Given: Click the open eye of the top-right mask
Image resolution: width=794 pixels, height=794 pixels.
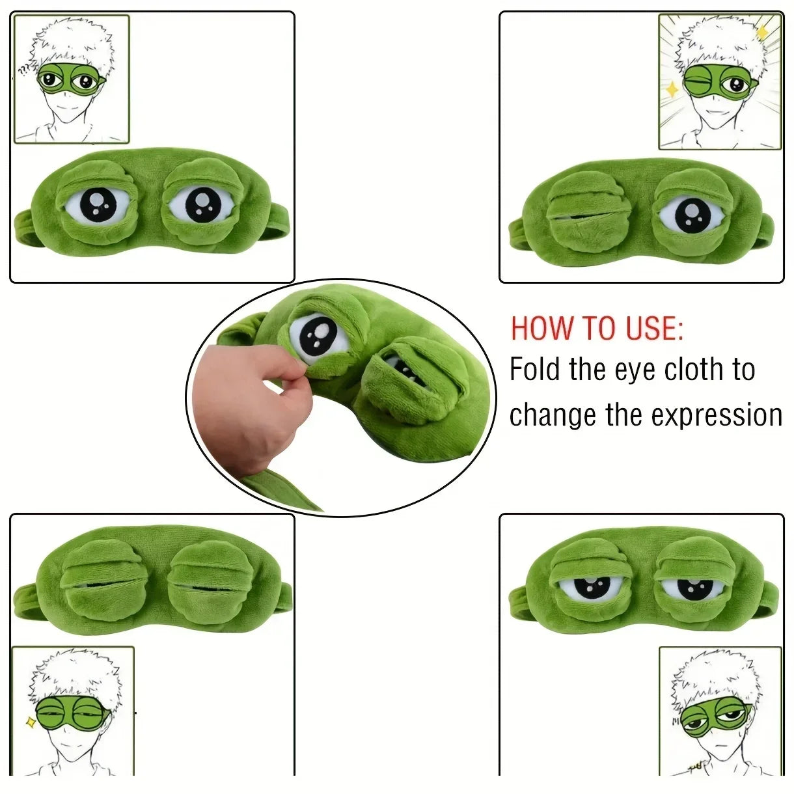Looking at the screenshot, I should coord(690,215).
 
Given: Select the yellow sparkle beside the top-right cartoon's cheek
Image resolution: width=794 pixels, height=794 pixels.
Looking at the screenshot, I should coord(672,89).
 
